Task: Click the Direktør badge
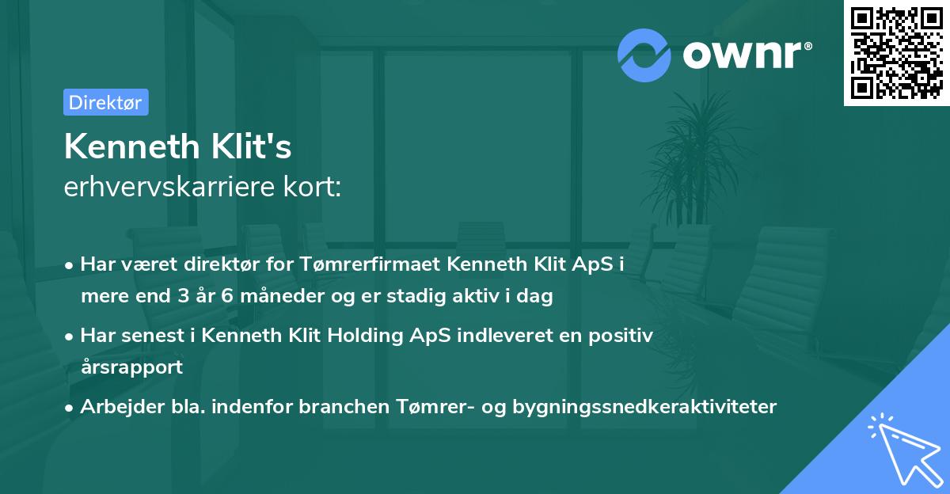tap(105, 102)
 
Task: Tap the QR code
tap(897, 53)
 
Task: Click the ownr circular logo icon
tap(644, 54)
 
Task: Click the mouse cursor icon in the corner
tap(900, 449)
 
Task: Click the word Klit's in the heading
tap(253, 146)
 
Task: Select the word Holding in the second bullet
tap(374, 336)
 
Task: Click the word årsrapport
tap(131, 367)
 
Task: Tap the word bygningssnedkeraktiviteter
tap(644, 407)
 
